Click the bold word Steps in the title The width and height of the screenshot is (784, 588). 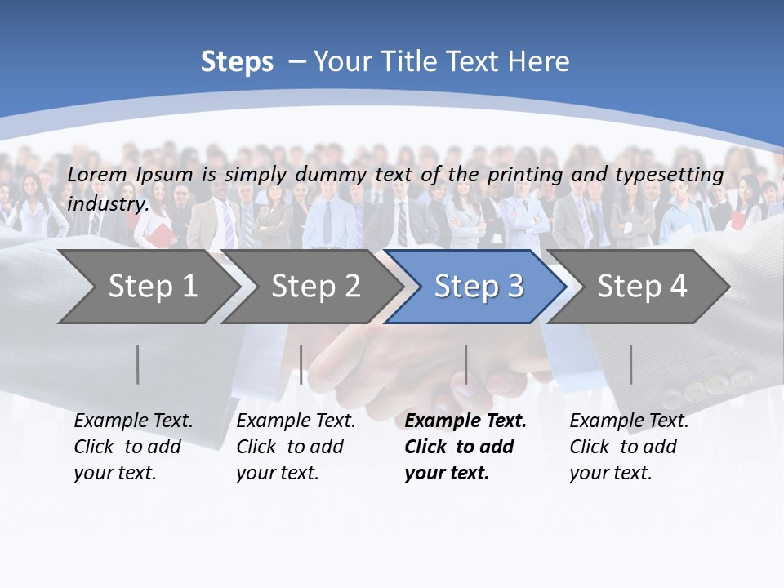237,62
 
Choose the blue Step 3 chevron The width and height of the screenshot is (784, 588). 479,286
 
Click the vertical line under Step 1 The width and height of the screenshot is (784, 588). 138,364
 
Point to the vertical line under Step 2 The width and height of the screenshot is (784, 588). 301,364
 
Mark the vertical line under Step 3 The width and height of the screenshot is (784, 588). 466,364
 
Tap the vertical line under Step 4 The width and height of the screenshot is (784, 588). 630,364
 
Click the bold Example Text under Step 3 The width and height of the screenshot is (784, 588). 465,421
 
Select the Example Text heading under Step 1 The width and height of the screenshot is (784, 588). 133,421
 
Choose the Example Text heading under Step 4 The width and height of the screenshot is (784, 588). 629,421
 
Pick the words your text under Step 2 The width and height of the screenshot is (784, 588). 277,473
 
